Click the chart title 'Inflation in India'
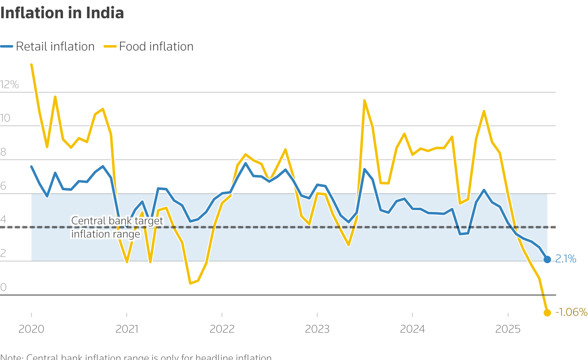point(62,13)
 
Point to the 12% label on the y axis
point(10,85)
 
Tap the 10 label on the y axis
point(5,118)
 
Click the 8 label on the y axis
point(3,152)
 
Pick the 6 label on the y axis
point(3,186)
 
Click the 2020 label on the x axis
point(31,329)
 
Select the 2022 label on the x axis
point(222,329)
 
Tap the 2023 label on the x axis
point(317,329)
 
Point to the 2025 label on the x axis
point(508,329)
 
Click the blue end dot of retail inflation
point(547,259)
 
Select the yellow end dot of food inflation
point(547,312)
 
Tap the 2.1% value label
point(566,259)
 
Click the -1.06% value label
point(571,312)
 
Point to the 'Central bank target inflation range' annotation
point(117,227)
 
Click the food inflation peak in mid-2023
point(364,101)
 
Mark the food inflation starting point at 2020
point(31,65)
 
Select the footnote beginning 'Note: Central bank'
point(136,357)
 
